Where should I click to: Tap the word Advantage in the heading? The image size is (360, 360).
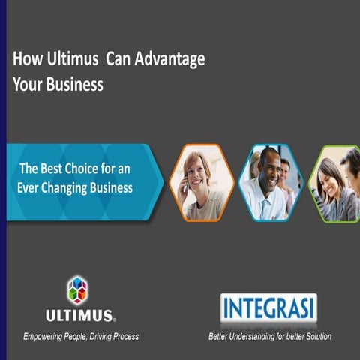[172, 59]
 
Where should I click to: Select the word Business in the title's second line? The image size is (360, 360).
[72, 84]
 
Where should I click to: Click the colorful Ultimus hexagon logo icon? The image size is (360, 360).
[77, 289]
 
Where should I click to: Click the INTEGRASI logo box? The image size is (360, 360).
[268, 308]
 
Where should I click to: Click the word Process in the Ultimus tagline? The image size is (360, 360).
[122, 336]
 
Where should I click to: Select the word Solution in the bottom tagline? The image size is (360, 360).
[317, 336]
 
